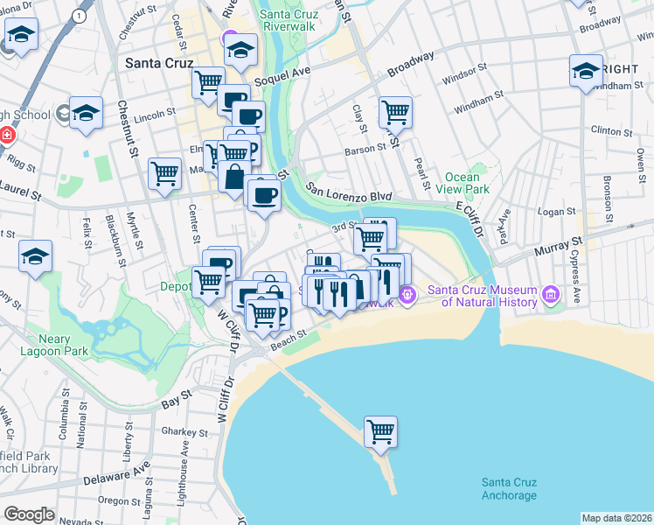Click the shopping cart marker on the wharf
click(380, 430)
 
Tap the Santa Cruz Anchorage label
click(509, 489)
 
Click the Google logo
click(29, 514)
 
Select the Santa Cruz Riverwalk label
click(301, 20)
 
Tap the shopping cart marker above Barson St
click(395, 111)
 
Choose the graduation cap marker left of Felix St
click(36, 255)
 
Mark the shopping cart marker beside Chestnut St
click(164, 173)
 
